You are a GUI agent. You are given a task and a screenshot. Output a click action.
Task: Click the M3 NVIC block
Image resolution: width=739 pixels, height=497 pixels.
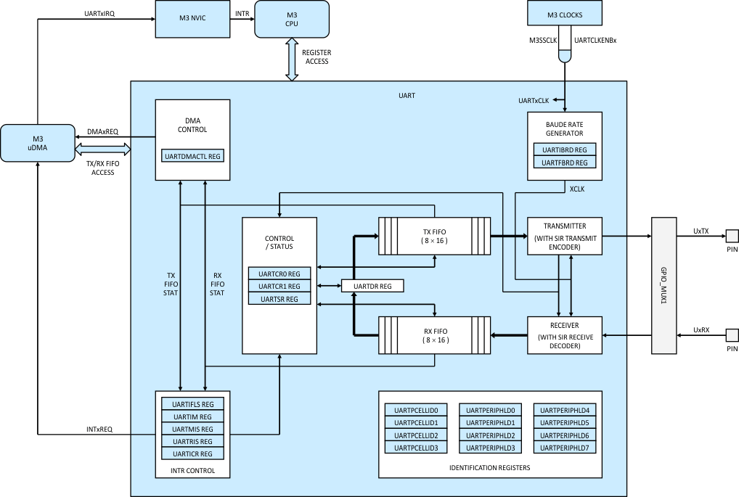click(x=192, y=18)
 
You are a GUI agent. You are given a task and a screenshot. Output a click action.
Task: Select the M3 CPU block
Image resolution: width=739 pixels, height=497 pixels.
click(x=291, y=18)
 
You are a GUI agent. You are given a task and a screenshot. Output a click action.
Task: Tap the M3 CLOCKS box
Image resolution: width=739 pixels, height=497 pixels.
click(x=564, y=15)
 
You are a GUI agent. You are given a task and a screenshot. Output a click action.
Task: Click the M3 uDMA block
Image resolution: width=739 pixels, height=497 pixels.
click(x=38, y=143)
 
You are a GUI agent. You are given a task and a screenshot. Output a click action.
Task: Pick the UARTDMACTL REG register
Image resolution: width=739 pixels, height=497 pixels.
click(x=193, y=156)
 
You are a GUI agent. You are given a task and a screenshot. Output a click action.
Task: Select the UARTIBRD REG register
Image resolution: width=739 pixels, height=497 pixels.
click(x=564, y=149)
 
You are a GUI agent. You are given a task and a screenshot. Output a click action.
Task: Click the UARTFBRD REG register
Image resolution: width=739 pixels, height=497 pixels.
click(x=564, y=162)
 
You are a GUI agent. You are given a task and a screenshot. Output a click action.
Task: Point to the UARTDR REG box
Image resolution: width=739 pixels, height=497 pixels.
click(x=372, y=287)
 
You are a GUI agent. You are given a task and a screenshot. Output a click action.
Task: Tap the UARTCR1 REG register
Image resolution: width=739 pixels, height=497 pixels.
click(x=279, y=286)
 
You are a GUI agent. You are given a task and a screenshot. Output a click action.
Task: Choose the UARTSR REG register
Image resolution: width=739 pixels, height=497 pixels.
click(x=279, y=299)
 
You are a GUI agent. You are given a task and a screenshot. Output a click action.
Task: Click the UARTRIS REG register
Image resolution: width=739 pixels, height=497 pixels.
click(x=192, y=441)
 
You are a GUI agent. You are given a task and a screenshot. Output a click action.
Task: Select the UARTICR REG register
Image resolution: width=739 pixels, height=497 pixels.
click(x=192, y=453)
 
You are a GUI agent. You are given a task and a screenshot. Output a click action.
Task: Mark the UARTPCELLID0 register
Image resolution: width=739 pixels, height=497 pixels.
click(x=416, y=410)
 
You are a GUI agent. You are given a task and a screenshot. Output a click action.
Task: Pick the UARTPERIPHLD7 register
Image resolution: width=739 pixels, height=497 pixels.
click(x=564, y=448)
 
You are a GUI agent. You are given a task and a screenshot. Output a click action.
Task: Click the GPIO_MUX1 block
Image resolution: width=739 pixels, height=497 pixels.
click(x=664, y=285)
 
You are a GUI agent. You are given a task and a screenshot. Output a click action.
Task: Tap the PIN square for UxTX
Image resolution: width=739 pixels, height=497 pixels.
click(x=732, y=236)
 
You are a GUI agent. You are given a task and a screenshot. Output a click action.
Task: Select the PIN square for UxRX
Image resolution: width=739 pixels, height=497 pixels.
click(x=732, y=335)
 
